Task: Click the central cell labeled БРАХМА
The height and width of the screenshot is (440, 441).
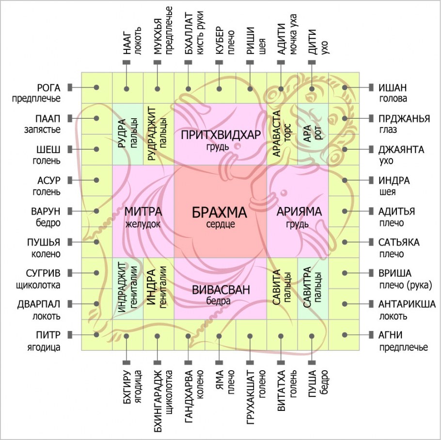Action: tap(220, 211)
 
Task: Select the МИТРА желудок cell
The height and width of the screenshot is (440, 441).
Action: tap(143, 211)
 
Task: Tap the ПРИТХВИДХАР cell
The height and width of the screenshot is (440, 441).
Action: tap(220, 134)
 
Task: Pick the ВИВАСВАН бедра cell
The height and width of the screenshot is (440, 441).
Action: tap(220, 288)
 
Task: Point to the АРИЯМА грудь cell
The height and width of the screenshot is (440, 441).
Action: tap(298, 211)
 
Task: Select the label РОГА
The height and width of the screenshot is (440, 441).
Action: tap(48, 88)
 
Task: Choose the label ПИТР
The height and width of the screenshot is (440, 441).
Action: tap(48, 335)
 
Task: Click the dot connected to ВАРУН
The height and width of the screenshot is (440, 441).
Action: tap(96, 211)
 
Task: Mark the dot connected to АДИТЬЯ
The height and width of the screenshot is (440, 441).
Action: tap(345, 211)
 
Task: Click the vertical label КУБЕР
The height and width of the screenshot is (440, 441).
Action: tap(219, 40)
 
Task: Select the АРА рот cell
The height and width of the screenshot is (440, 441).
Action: tap(313, 134)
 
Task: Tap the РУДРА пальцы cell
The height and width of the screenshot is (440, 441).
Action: tap(127, 134)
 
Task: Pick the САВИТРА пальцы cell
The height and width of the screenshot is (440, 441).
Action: tap(313, 288)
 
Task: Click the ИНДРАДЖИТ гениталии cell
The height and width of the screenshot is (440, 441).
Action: tap(127, 288)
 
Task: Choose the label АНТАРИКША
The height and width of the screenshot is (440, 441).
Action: tap(407, 304)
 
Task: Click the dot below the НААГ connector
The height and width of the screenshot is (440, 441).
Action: tap(126, 89)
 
